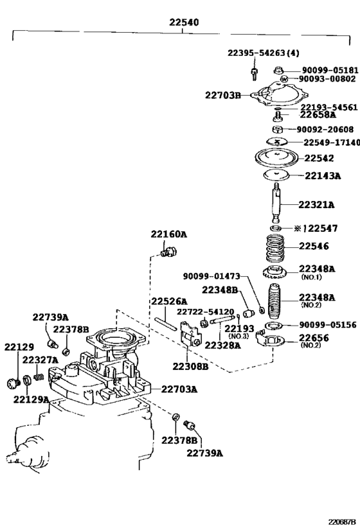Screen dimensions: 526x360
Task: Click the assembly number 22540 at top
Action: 184,22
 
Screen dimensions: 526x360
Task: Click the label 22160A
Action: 168,234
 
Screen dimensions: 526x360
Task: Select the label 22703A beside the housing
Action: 179,389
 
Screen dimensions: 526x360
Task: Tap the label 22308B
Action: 190,366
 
